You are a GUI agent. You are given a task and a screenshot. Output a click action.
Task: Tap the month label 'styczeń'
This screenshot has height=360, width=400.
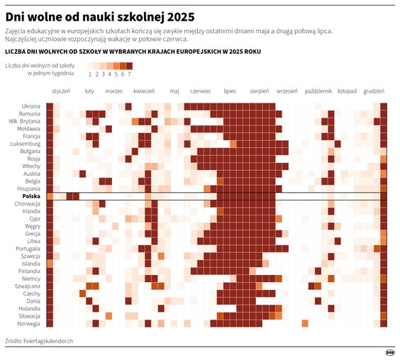coord(61,91)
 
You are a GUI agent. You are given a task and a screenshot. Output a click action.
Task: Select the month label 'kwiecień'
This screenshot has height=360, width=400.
coord(144,91)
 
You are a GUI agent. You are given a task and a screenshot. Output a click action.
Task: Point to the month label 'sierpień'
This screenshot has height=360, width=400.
coord(260,91)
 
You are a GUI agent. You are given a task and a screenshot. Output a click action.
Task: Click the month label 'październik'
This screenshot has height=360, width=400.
coord(318,91)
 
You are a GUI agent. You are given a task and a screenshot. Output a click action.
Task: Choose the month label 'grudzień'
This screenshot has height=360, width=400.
coord(373,91)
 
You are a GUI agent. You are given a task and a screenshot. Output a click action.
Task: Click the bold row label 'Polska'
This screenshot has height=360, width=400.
coord(31,196)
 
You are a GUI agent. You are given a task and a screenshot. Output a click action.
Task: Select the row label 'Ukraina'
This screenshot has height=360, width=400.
coord(31,106)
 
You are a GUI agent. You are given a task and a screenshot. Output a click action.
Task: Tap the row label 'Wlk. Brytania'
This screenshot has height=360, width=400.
coord(25,121)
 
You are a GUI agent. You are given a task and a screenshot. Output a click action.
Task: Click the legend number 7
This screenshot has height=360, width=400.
coord(129,74)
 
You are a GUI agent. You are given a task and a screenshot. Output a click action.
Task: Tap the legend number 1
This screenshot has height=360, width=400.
coord(90,74)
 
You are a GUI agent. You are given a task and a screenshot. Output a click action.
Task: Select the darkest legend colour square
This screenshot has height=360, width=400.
coord(129,65)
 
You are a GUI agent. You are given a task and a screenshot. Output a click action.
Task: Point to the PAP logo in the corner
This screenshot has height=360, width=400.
coord(389,351)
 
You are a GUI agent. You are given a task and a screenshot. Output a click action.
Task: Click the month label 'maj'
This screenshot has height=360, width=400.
coord(174,91)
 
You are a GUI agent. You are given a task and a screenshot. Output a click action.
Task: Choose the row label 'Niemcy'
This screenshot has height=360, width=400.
coord(31,279)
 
